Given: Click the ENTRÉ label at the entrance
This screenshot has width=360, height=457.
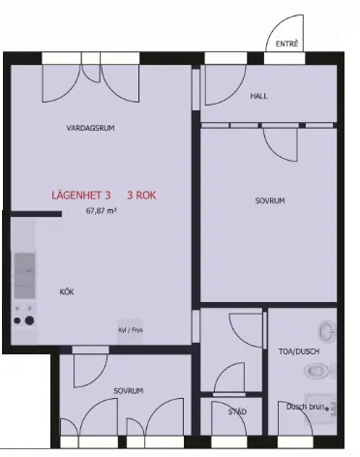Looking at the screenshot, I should click(286, 45).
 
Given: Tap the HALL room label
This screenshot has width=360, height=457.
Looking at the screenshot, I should click(259, 96).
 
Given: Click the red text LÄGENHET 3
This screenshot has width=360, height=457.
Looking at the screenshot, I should click(81, 195).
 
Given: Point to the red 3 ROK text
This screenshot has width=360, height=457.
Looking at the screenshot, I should click(141, 195).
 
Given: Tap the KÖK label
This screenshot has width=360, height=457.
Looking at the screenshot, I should click(67, 290).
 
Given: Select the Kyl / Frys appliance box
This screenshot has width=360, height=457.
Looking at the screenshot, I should click(130, 328).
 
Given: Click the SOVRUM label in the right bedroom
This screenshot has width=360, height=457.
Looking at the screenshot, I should click(270, 201).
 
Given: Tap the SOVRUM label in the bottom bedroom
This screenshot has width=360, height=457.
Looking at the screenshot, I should click(129, 390).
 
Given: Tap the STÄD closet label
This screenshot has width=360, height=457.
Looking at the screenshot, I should click(237, 411).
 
